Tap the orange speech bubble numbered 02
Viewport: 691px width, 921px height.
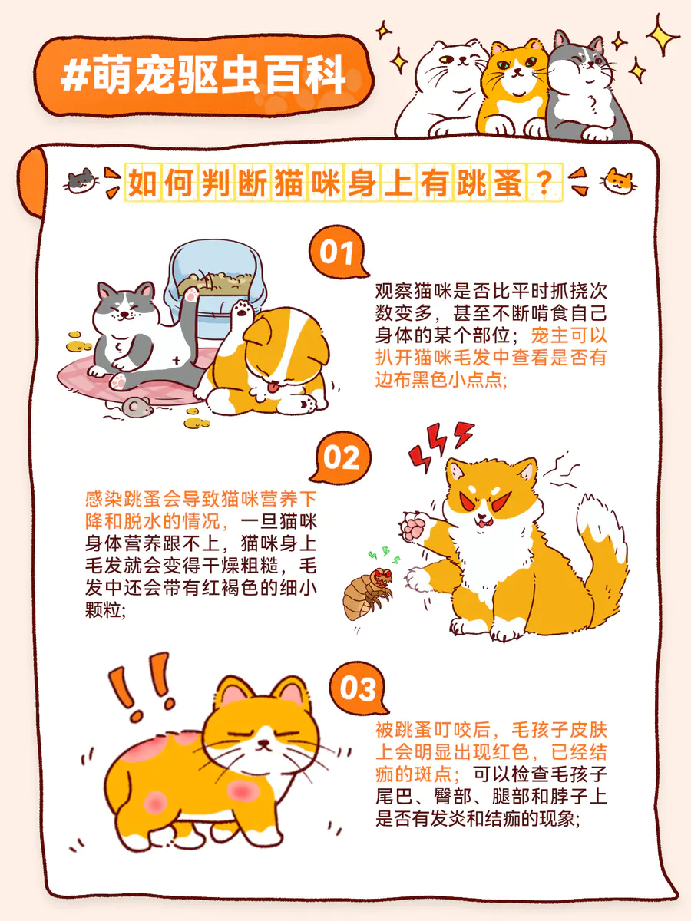341,457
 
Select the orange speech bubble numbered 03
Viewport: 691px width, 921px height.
358,688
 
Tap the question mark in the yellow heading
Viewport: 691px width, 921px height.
544,183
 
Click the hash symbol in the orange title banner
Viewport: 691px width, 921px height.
74,76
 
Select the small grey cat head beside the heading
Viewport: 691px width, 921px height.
82,181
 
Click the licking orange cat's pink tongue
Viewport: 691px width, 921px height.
273,388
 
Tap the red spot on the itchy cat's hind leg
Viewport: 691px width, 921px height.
155,802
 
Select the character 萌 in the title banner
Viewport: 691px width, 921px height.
112,75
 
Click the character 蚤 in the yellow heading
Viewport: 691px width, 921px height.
508,183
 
